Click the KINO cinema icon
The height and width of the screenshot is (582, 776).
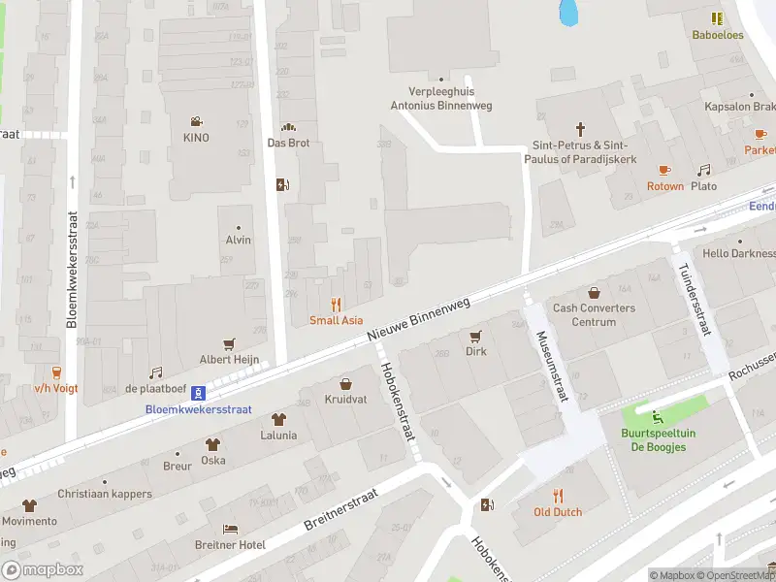(x=196, y=122)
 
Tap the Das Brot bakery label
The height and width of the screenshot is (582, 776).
(x=288, y=143)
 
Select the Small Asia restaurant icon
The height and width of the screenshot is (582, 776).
(x=337, y=305)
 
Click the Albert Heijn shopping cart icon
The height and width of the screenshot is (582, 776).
(x=230, y=343)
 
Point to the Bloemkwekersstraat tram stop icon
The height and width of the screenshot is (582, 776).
(x=198, y=393)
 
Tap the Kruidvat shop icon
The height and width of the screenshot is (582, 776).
(x=345, y=384)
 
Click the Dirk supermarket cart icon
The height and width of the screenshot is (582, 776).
(x=475, y=337)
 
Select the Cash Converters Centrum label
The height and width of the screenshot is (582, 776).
(x=594, y=315)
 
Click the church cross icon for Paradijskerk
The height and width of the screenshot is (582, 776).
(x=581, y=128)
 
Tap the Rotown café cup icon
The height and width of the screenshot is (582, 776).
(x=665, y=171)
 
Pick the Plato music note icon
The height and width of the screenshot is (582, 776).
(x=704, y=171)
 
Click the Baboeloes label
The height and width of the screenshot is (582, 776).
(x=717, y=34)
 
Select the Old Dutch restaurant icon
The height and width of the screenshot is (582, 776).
(x=558, y=496)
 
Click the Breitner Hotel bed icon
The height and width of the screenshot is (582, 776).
(x=230, y=530)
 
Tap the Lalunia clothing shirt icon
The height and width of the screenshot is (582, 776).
(x=278, y=420)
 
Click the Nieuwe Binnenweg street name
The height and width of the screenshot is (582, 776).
(x=418, y=318)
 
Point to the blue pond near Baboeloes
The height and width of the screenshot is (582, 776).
(x=568, y=12)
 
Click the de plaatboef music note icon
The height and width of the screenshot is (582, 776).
(x=155, y=372)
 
